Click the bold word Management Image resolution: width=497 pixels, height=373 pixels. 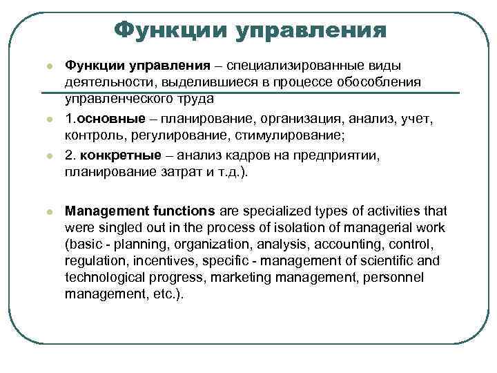[x=103, y=211]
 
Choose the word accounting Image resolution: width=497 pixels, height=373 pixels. [x=355, y=244]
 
